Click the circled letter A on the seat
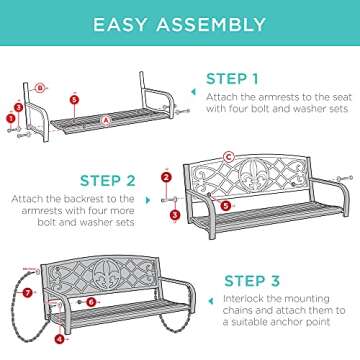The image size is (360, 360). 107,118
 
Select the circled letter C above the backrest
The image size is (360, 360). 229,156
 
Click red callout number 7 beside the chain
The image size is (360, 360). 28,293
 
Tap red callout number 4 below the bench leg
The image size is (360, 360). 57,339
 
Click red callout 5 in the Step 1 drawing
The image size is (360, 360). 74,98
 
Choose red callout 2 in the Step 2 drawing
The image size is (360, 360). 165,177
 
